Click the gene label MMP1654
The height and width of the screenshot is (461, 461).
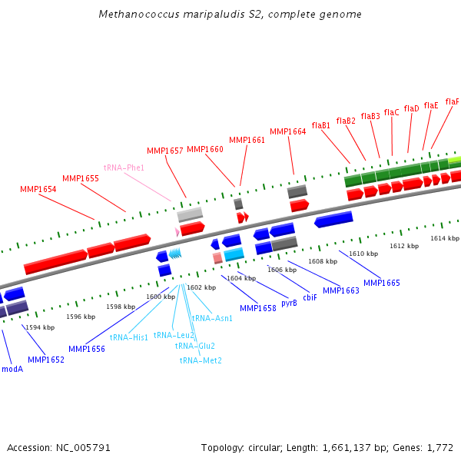click(38, 189)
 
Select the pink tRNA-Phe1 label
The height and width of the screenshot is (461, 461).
click(124, 167)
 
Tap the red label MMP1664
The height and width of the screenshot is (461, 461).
click(288, 131)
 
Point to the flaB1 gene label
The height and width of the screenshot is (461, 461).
click(321, 125)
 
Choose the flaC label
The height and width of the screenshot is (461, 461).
click(392, 112)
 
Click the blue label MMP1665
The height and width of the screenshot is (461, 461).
click(382, 283)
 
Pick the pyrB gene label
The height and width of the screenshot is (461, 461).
click(289, 303)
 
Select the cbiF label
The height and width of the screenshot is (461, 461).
click(310, 297)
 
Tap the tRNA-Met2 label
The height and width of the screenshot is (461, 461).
click(201, 360)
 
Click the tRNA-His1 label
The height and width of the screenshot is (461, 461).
click(128, 337)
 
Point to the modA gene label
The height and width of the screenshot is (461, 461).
click(12, 369)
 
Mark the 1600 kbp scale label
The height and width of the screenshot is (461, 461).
click(161, 297)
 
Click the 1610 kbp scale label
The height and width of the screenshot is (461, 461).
click(363, 254)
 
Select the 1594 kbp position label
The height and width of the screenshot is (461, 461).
click(40, 327)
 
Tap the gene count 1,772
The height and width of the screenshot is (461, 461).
click(439, 447)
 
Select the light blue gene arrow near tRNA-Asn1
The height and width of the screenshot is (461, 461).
click(234, 254)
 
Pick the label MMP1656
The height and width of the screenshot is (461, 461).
click(87, 349)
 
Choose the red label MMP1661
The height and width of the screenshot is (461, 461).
click(247, 140)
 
